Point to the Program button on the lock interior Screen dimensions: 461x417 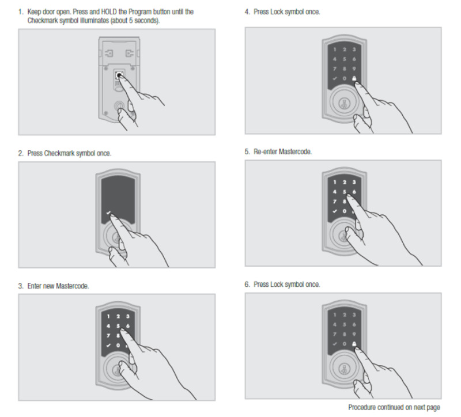pos(119,75)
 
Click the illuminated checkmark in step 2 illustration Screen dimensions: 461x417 pos(108,213)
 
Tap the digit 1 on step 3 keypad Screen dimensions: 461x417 pos(108,317)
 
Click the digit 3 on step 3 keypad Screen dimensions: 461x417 pos(127,317)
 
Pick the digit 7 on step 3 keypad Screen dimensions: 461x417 pos(108,336)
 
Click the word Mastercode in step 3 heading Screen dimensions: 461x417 pos(72,286)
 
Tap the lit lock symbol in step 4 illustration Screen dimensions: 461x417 pos(354,78)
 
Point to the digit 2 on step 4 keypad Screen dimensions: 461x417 pos(344,50)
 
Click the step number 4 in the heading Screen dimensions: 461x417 pos(247,12)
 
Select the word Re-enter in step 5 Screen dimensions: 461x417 pos(265,151)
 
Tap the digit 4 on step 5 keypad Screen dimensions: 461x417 pos(335,192)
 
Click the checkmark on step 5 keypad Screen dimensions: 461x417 pos(335,211)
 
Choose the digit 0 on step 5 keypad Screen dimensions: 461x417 pos(344,211)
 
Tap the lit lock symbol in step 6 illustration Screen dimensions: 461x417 pos(354,344)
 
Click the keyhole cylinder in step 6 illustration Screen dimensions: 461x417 pos(343,369)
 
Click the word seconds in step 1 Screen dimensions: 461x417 pos(147,21)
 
